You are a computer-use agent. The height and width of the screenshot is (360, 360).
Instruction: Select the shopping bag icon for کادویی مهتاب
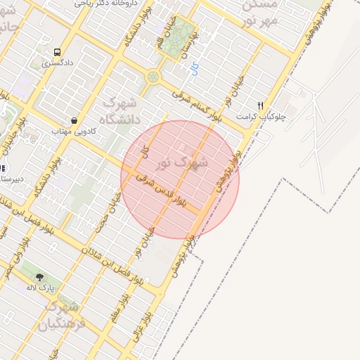tap(74, 119)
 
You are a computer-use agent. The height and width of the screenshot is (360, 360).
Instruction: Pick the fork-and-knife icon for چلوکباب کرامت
tap(261, 105)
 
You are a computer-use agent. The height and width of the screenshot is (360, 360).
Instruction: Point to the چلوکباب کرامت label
tap(259, 116)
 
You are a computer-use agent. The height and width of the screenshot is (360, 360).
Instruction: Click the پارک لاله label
tap(40, 288)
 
